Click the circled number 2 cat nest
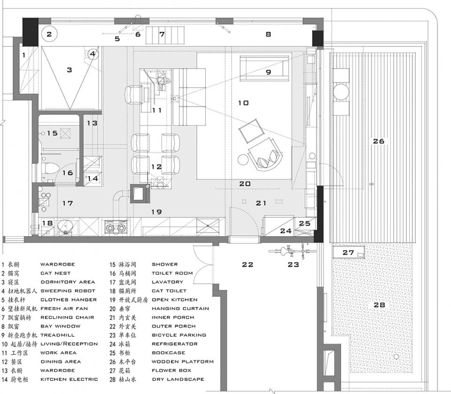pos(50,34)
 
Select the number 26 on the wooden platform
pos(379,141)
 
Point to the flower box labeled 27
pos(348,253)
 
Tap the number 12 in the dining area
pos(156,167)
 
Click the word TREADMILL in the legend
pos(58,335)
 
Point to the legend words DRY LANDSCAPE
pos(178,379)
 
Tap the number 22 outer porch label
pos(248,265)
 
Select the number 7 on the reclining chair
pos(162,34)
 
